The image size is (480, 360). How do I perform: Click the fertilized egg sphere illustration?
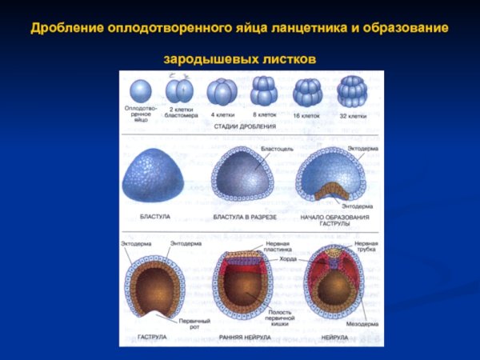pyautogui.click(x=138, y=90)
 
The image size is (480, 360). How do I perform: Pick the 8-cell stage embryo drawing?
pyautogui.click(x=264, y=90)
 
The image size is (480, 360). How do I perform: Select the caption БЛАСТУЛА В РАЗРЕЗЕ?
pyautogui.click(x=245, y=217)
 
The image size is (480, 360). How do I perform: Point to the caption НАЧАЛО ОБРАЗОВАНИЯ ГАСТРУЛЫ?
pyautogui.click(x=329, y=220)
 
